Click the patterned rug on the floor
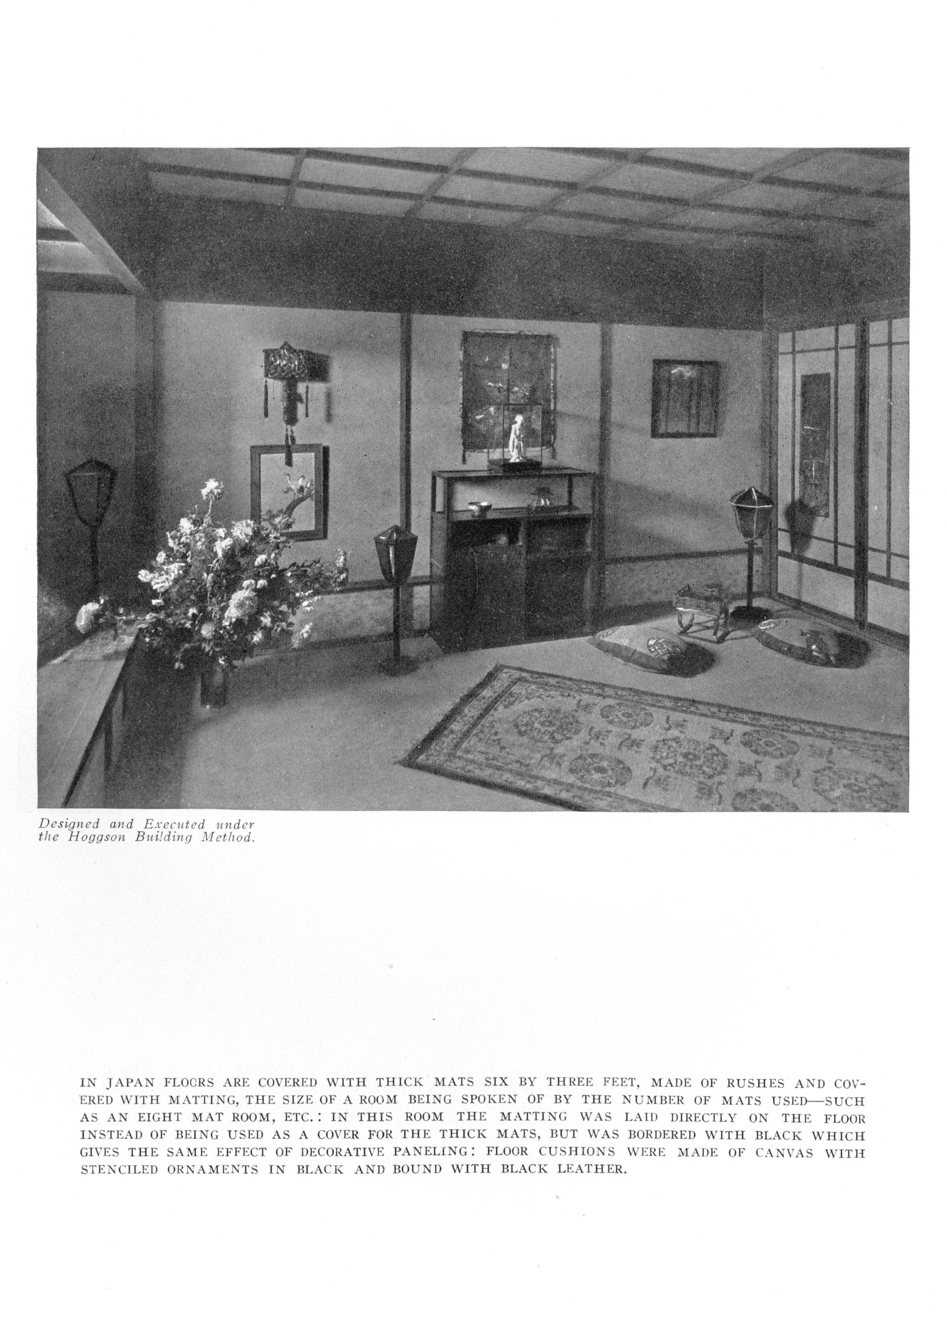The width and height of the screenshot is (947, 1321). pos(658,746)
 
